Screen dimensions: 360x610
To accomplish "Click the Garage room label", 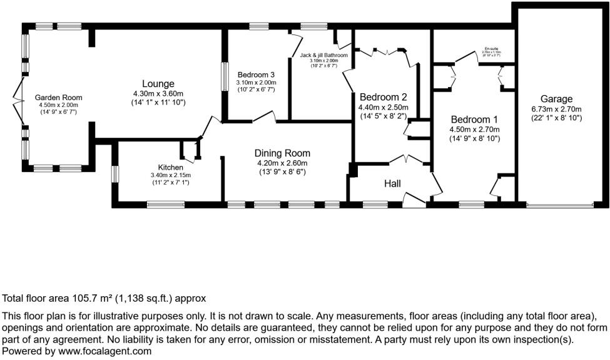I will [556, 99].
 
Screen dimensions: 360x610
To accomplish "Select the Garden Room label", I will [58, 98].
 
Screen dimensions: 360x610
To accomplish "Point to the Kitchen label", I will [170, 167].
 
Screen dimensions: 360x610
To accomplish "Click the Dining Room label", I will [282, 153].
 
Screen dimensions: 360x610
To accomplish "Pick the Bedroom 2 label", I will [383, 97].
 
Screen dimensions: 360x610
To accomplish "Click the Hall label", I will [393, 183].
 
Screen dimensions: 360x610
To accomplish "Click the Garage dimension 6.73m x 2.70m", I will [556, 108].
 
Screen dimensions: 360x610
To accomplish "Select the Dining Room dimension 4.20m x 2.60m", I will [282, 163].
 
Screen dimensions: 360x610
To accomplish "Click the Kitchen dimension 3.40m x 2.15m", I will [170, 175].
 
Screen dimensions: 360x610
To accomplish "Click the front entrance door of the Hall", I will [414, 200].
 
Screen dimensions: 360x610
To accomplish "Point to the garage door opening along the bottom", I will [559, 205].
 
